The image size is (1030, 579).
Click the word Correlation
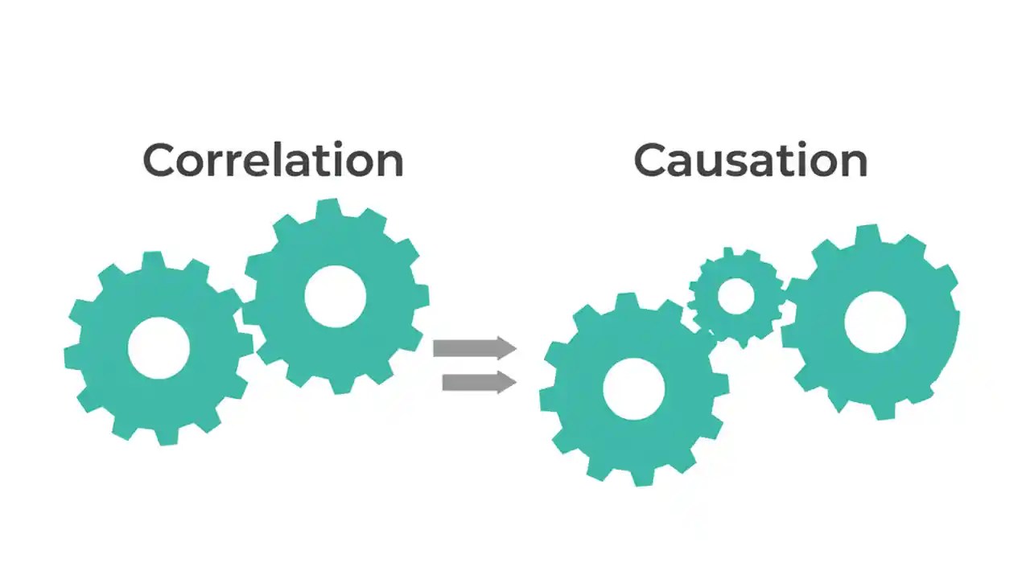[273, 160]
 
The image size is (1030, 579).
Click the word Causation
[750, 160]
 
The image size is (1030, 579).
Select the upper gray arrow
[474, 348]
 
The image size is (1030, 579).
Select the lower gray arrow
[479, 382]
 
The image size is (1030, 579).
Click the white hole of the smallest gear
[735, 297]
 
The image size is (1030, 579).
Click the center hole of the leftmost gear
[159, 348]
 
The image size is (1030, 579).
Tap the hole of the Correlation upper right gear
[336, 297]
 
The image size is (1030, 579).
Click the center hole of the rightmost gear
[875, 322]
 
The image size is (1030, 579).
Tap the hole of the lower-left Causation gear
[633, 389]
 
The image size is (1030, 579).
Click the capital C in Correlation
[160, 160]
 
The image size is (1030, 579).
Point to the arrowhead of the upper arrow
[506, 348]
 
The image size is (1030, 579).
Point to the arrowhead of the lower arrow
[506, 382]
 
